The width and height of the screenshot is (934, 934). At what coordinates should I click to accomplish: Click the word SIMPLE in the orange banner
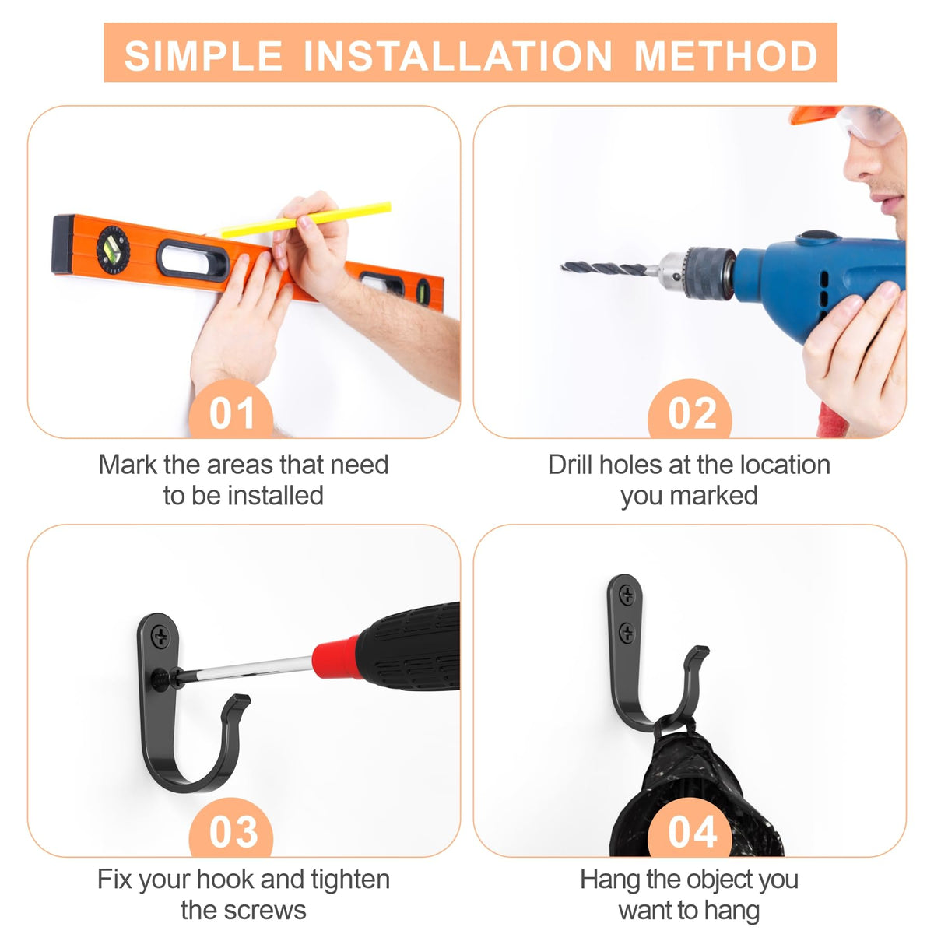[204, 56]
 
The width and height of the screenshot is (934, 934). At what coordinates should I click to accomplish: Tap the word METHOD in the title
[726, 56]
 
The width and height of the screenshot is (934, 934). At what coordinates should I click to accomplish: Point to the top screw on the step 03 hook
[160, 634]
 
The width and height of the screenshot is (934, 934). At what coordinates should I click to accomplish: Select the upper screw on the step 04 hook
[627, 595]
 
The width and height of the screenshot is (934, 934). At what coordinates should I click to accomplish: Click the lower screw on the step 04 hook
[627, 632]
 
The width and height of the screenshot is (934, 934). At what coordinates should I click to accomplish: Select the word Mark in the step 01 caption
[128, 465]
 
